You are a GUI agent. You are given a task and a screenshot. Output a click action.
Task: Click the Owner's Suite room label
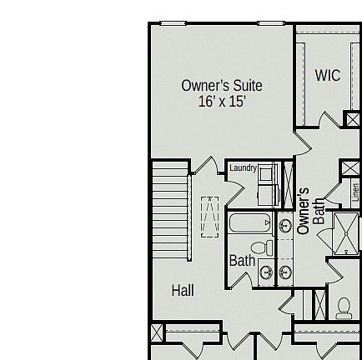222,86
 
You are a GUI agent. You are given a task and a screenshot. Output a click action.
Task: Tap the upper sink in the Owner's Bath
285,226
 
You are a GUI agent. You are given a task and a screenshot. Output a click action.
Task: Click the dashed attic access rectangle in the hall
209,218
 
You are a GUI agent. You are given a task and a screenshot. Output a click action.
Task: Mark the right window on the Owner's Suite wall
272,24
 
